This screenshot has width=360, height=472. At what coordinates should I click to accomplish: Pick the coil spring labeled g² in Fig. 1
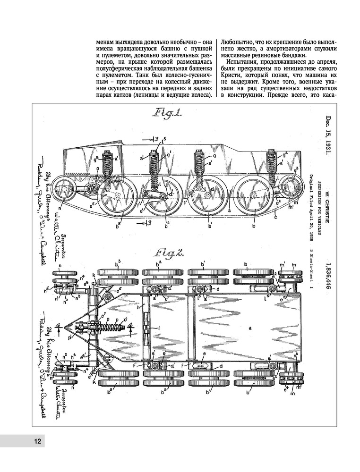point(271,164)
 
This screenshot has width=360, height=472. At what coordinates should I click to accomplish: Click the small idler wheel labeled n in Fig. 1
point(60,191)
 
